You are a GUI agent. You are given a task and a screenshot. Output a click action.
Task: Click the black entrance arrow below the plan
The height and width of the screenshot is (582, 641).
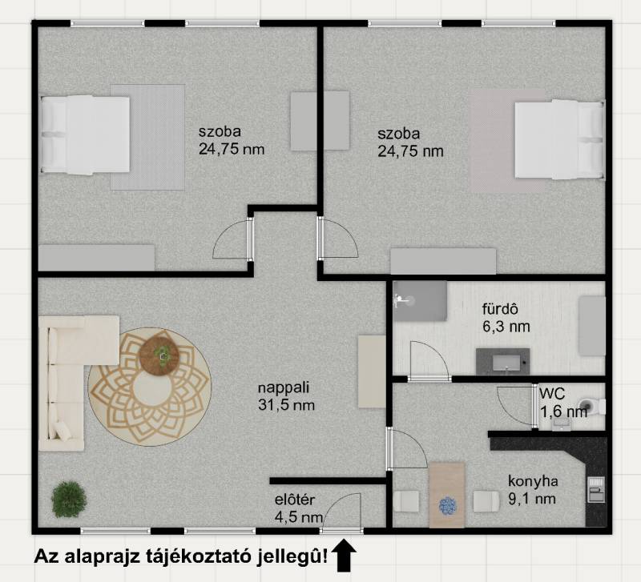point(344,555)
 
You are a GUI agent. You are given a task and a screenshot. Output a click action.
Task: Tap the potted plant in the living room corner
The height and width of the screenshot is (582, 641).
point(69,499)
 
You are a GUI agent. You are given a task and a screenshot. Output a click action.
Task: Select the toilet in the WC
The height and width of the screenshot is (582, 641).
point(592,406)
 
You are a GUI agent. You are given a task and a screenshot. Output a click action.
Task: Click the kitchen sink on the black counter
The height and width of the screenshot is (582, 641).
point(595,489)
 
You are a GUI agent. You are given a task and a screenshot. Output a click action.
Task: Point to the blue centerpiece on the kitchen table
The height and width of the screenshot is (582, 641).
point(448,506)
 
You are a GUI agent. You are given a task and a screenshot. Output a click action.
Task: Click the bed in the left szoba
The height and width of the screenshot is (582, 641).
point(85,134)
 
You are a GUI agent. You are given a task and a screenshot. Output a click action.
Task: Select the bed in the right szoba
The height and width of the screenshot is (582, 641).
point(559,139)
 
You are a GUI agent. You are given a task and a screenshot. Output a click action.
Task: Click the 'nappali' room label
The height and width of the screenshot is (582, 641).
point(284,387)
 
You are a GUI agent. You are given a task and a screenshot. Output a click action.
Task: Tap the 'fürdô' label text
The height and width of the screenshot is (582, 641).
point(500,309)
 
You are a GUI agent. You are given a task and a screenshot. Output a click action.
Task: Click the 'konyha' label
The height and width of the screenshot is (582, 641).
point(533,480)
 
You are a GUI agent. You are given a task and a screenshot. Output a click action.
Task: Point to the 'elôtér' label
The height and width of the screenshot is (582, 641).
point(294,499)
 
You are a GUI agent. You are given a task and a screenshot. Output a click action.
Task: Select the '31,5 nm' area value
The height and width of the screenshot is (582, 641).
point(287,405)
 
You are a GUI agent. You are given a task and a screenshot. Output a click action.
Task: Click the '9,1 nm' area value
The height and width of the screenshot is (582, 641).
point(532,498)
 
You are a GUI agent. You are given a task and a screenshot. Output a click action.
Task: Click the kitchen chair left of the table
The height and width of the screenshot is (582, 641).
point(406,501)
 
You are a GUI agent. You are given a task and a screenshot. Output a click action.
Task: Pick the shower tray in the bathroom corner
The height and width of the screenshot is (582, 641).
point(419,301)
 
